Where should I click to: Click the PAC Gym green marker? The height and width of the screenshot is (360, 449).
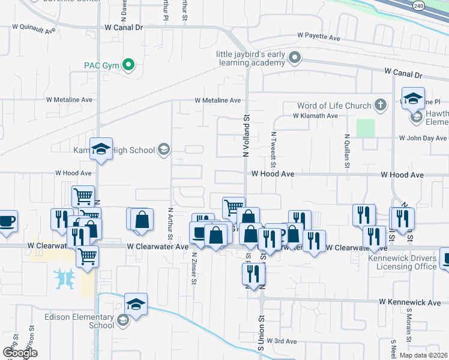coord(128,65)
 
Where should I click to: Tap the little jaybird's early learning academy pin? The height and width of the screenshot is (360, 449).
coord(294,58)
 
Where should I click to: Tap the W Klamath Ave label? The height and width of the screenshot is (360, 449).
coord(315,116)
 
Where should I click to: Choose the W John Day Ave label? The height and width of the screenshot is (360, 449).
coord(424,138)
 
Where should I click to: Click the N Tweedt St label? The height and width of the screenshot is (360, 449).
coord(273,150)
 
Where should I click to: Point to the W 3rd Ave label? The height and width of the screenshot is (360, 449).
coord(282,341)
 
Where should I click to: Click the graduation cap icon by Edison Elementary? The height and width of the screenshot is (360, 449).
coord(136,304)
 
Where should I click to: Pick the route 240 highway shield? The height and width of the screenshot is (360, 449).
coord(418,5)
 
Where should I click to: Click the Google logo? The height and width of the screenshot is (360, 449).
coord(20,353)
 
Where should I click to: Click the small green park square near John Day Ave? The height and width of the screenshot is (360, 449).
coord(365,128)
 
